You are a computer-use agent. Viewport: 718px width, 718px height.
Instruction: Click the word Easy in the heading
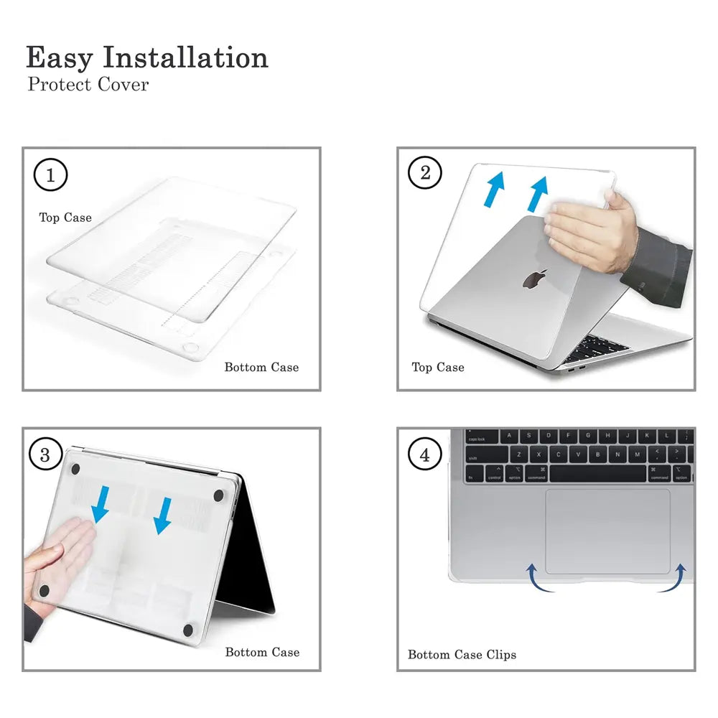[x=63, y=57]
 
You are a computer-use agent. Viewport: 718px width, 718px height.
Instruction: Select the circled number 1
[x=51, y=175]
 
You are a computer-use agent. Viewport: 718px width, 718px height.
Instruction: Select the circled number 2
[x=425, y=173]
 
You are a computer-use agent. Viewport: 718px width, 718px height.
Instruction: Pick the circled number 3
[x=45, y=454]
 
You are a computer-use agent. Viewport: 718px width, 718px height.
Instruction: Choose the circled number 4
[x=425, y=454]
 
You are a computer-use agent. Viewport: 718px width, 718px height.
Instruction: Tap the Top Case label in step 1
[x=65, y=218]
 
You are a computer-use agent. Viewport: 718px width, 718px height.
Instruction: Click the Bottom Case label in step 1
[x=261, y=367]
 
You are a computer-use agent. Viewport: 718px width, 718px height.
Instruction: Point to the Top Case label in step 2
[x=438, y=367]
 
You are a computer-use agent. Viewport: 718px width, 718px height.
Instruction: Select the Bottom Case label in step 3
[x=262, y=652]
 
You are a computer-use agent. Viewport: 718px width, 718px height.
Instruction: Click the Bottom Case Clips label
[x=462, y=654]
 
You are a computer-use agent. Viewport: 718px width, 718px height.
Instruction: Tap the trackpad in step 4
[x=607, y=531]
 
